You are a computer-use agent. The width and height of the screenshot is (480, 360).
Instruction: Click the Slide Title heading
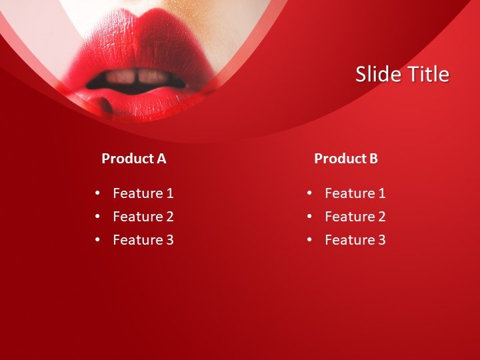402,74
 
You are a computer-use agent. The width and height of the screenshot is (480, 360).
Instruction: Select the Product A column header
133,159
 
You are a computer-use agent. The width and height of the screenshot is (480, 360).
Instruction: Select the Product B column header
345,159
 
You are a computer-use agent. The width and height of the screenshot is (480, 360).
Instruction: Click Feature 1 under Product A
143,193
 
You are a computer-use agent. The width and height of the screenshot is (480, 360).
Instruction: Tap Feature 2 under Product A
143,217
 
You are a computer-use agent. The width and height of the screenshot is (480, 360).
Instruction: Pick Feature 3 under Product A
143,240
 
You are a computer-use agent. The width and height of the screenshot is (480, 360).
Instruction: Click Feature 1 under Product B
355,193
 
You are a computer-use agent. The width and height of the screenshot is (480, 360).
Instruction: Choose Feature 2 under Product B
355,217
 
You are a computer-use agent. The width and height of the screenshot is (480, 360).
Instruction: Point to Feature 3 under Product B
355,240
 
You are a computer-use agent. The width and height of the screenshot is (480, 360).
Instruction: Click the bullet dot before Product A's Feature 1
97,193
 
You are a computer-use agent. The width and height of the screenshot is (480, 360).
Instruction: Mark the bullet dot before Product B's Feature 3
309,240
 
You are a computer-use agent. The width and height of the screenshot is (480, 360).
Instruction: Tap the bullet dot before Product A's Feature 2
97,217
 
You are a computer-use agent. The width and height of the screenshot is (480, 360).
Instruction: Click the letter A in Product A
161,159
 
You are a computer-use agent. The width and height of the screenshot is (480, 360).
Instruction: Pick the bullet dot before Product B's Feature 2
309,217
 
